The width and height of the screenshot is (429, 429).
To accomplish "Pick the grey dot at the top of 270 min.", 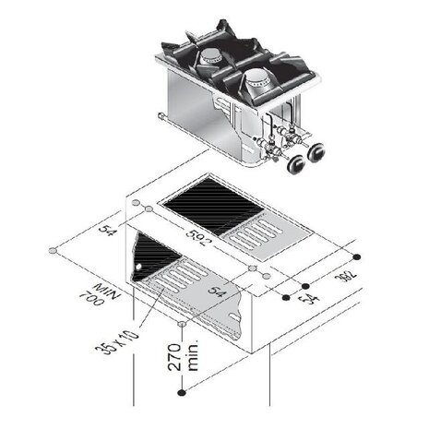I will click(185, 325).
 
